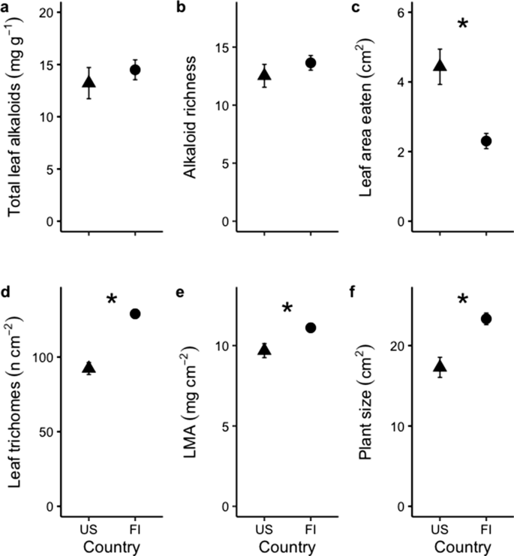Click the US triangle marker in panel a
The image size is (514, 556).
point(89,82)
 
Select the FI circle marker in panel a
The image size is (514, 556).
point(135,70)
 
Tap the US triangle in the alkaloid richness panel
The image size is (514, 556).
point(264,74)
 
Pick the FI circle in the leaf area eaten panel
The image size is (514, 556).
point(485,141)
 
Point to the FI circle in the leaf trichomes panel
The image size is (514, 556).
point(135,314)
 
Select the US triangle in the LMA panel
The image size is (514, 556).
point(264,350)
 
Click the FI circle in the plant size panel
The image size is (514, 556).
point(485,319)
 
